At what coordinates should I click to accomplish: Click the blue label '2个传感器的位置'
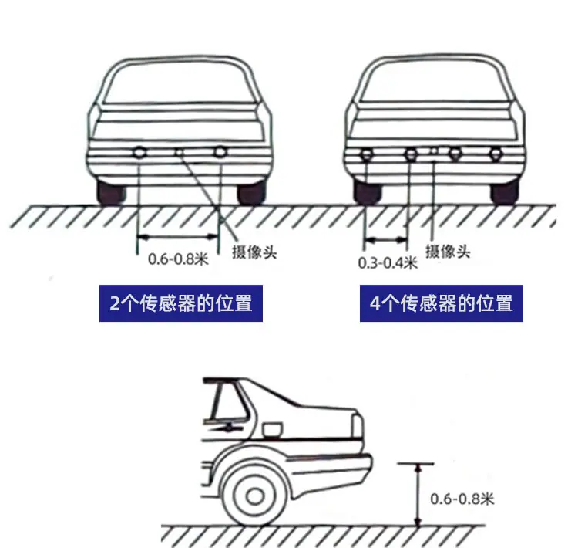[181, 303]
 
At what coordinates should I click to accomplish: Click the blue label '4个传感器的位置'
[442, 303]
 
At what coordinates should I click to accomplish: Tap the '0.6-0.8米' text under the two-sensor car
[179, 259]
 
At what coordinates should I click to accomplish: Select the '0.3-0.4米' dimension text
[388, 262]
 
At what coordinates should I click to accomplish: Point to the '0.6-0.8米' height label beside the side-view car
[462, 499]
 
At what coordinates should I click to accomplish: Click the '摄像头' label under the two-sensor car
[254, 252]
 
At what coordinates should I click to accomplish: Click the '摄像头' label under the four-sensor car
[448, 252]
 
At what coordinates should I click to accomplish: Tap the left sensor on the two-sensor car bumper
[139, 152]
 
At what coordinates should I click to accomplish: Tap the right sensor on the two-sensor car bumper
[220, 151]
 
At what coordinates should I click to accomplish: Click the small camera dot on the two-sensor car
[179, 151]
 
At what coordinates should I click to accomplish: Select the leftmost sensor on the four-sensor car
[367, 154]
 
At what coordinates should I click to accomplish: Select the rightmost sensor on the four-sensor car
[496, 154]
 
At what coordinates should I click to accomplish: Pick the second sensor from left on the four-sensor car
[411, 154]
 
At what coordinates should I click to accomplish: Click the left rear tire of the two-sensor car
[110, 192]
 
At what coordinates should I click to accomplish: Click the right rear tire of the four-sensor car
[504, 192]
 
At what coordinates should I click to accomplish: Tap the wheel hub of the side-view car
[254, 496]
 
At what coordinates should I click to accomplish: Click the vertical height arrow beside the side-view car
[418, 495]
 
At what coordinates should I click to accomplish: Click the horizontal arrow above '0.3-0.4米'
[385, 240]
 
